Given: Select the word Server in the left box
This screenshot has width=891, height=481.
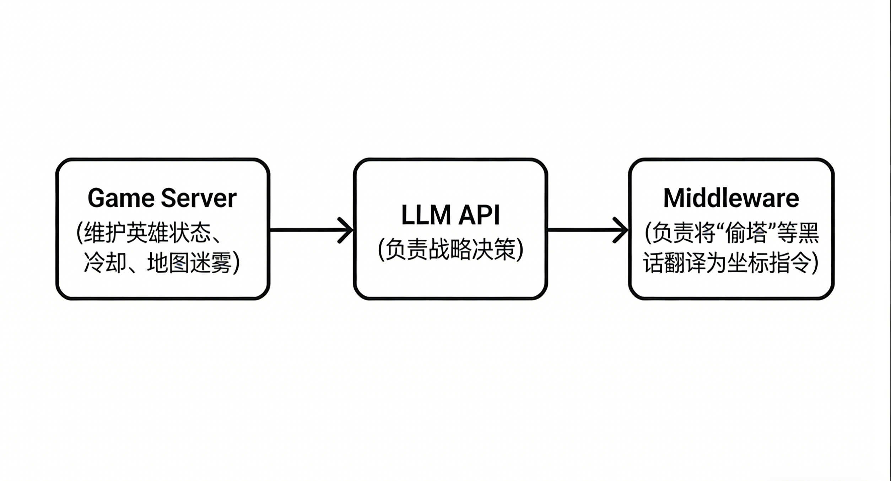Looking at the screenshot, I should click(199, 198).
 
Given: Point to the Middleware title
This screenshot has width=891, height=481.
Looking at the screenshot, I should click(731, 198).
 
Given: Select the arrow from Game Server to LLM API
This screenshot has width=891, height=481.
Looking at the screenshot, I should click(306, 230).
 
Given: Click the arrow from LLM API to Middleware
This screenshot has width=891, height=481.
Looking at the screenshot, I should click(583, 230).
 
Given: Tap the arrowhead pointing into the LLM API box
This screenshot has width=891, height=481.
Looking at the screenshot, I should click(345, 230).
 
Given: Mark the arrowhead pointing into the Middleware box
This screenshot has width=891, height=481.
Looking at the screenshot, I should click(621, 230).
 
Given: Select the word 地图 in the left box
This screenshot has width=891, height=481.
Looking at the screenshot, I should click(168, 263).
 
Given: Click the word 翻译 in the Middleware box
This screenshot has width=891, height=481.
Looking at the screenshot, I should click(685, 263).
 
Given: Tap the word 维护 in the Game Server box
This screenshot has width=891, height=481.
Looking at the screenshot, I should click(104, 233).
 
